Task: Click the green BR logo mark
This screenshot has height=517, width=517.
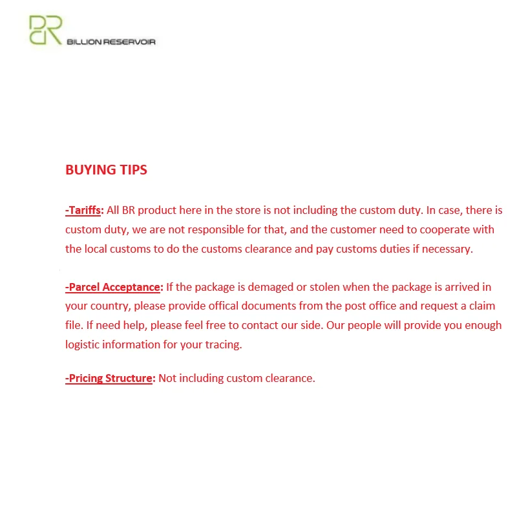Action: click(x=45, y=30)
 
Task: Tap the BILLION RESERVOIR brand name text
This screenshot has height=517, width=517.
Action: click(x=111, y=42)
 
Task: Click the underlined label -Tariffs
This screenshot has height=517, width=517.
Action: click(x=83, y=210)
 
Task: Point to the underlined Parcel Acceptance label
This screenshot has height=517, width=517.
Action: click(x=112, y=287)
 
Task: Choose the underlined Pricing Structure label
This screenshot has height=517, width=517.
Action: click(x=109, y=378)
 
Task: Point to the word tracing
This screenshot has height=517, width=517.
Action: click(x=221, y=344)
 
